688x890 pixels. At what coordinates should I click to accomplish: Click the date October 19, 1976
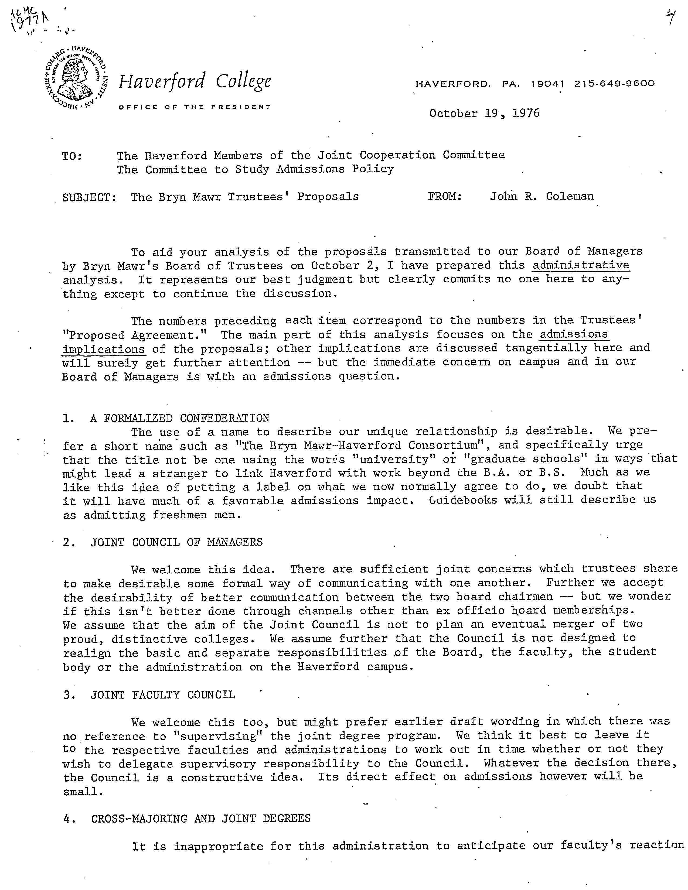coord(484,113)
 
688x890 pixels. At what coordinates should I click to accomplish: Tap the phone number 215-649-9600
coord(614,84)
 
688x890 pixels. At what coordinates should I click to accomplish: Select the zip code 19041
coord(548,84)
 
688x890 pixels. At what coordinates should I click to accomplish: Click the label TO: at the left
coord(72,156)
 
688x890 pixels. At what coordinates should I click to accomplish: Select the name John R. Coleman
coord(542,196)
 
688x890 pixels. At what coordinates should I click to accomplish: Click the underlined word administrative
coord(581,265)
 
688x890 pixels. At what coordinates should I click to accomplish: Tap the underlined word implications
coord(104,350)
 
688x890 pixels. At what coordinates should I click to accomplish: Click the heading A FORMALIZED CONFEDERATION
coord(179,418)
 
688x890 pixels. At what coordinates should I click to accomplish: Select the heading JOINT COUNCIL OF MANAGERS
coord(176,542)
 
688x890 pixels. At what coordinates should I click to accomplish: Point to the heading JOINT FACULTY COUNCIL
coord(163,695)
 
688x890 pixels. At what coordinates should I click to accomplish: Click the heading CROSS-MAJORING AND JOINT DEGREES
coord(200,818)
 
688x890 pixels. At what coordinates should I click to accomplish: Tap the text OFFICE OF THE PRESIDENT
coord(195,107)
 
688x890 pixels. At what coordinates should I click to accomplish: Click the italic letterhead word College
coord(243,81)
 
